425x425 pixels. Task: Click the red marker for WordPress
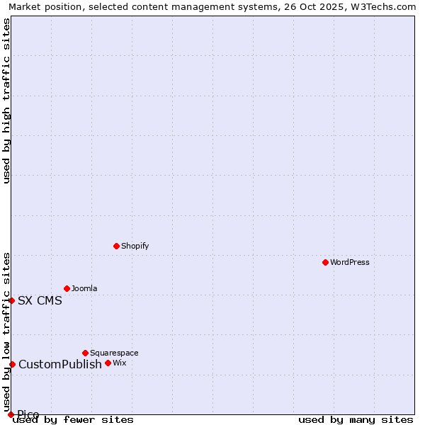[x=325, y=262]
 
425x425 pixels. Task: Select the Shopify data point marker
[x=116, y=246]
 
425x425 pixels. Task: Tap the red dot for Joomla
[x=67, y=288]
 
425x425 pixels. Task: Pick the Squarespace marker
[x=85, y=353]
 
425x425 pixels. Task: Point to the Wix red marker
[x=108, y=363]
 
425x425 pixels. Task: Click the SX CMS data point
[x=11, y=300]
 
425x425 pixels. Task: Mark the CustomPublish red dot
[x=12, y=364]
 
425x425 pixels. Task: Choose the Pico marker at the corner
[x=11, y=414]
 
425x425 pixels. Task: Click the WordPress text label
[x=350, y=262]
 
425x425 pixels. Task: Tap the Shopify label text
[x=135, y=246]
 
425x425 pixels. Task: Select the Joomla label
[x=84, y=288]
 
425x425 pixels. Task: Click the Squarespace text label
[x=114, y=353]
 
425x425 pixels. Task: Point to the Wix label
[x=119, y=363]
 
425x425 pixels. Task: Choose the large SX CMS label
[x=40, y=300]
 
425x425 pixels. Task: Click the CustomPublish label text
[x=60, y=364]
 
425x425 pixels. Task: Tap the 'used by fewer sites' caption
[x=73, y=419]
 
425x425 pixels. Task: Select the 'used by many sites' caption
[x=356, y=419]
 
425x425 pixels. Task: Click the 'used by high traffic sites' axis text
[x=6, y=101]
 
